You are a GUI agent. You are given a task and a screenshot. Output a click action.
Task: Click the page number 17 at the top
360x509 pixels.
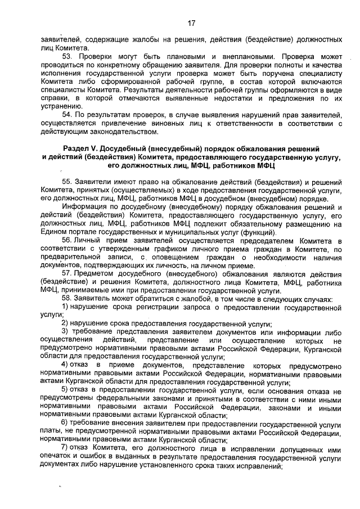[191, 23]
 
